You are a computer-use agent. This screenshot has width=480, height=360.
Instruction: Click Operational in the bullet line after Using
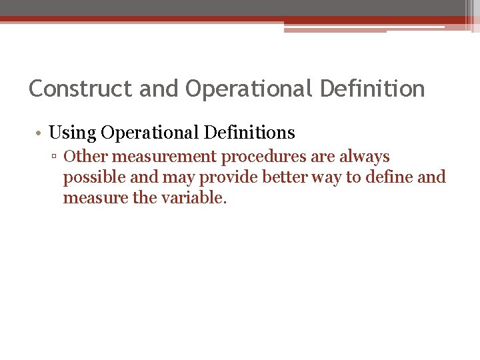(x=151, y=133)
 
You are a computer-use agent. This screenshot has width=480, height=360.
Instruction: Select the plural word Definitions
(x=251, y=133)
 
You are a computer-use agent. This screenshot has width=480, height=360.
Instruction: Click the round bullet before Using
(x=40, y=133)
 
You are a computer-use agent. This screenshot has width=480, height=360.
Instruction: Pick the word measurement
(x=153, y=157)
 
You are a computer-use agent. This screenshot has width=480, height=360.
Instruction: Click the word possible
(x=89, y=178)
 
